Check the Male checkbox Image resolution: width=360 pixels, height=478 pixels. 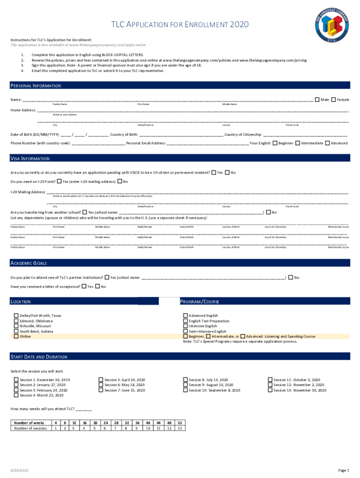click(x=317, y=99)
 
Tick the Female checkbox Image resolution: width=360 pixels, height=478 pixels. click(x=334, y=99)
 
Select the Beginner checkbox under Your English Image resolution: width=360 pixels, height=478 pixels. click(x=275, y=143)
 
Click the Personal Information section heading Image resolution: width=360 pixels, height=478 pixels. click(x=36, y=86)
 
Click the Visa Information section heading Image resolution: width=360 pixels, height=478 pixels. click(x=30, y=159)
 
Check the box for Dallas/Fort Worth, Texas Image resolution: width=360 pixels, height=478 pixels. click(x=16, y=316)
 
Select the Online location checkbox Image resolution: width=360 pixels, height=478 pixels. click(x=16, y=336)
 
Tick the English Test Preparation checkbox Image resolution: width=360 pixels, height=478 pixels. click(x=186, y=321)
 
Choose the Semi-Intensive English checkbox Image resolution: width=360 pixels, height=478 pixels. click(x=186, y=331)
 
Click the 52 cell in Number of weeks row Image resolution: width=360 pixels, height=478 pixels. click(x=180, y=422)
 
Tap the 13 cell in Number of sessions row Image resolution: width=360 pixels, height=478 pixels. click(x=180, y=428)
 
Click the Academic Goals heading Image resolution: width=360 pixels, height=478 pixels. click(x=29, y=263)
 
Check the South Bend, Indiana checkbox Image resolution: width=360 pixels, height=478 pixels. click(x=16, y=331)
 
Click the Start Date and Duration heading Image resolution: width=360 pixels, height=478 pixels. click(x=39, y=357)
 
